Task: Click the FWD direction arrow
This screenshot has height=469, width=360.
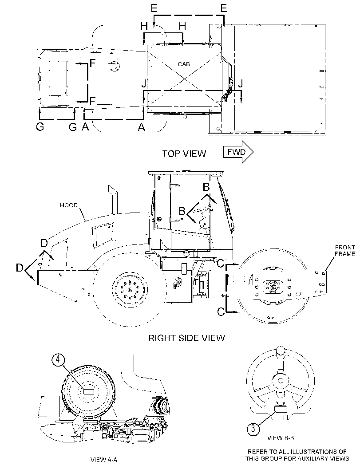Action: tap(238, 152)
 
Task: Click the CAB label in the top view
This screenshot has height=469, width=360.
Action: tap(184, 64)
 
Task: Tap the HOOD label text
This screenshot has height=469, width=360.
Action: tap(68, 205)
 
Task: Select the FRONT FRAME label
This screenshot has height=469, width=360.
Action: tap(345, 251)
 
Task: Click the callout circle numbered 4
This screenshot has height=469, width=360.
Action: tap(58, 360)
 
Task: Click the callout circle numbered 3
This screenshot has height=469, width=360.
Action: tap(253, 429)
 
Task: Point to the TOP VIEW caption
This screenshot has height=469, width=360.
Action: tap(184, 154)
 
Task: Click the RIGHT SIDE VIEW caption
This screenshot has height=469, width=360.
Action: tap(186, 338)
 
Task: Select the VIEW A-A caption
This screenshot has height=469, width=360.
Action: tap(103, 459)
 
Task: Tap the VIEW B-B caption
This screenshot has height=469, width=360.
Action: tap(281, 438)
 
